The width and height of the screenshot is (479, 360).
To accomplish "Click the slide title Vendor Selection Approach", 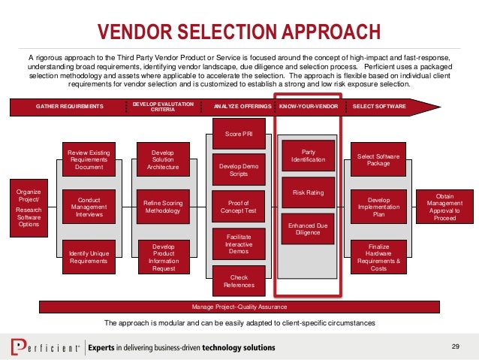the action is pos(239,32).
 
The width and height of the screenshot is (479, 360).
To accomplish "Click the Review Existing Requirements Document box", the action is pos(89,159).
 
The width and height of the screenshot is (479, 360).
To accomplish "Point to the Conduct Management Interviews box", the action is pos(89,207).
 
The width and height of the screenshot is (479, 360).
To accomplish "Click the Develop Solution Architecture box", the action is pos(163,159).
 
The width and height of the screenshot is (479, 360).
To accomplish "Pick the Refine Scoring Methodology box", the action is pos(163,207).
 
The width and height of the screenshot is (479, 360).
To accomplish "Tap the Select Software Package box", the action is pos(378,159).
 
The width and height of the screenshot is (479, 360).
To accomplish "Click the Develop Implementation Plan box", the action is pos(378,207).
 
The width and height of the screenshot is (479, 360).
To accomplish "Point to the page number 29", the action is pos(455,345).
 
